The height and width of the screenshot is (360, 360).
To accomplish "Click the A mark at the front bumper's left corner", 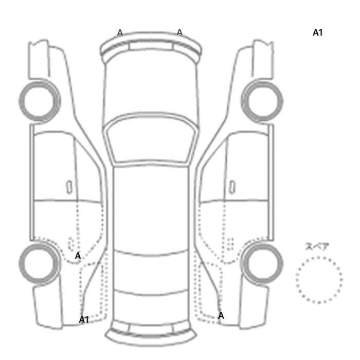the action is [120, 32].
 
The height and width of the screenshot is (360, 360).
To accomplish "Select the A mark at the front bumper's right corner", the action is [179, 32].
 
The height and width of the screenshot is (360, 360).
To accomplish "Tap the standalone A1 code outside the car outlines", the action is [318, 32].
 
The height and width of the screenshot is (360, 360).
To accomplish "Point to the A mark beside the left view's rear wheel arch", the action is [78, 256].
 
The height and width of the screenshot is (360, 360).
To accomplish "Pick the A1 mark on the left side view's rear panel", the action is [84, 319].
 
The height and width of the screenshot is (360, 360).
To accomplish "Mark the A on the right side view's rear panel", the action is [221, 316].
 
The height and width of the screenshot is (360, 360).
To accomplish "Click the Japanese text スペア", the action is [317, 246].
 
